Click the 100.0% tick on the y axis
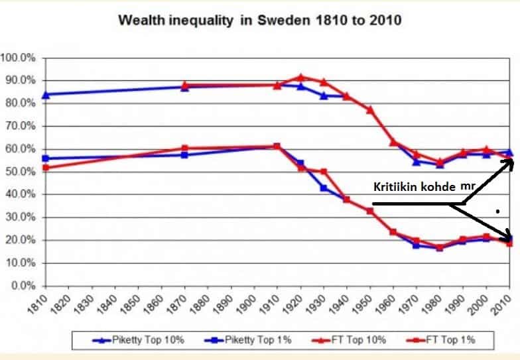click(20, 58)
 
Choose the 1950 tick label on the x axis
click(369, 307)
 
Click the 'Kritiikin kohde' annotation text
click(412, 187)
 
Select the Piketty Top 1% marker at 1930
click(323, 188)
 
